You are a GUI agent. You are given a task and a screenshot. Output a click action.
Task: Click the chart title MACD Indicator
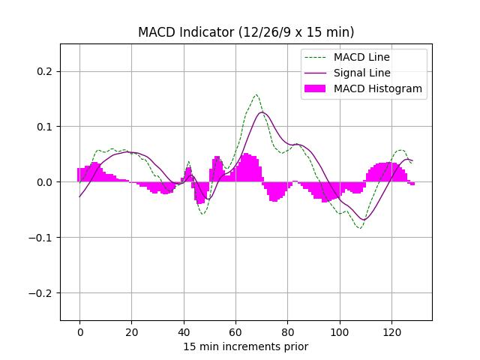(x=246, y=32)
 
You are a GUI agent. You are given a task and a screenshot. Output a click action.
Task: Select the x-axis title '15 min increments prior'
(x=246, y=346)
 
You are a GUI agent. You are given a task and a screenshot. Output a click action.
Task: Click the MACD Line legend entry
(x=361, y=57)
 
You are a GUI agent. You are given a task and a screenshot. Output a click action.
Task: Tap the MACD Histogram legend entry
(x=378, y=88)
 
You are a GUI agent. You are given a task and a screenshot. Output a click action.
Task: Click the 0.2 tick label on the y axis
(x=46, y=71)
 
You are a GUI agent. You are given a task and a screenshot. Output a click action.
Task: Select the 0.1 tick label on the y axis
(x=46, y=127)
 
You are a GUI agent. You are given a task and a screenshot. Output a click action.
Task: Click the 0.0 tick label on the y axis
(x=46, y=182)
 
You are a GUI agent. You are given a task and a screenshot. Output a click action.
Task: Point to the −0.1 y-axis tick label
(x=43, y=238)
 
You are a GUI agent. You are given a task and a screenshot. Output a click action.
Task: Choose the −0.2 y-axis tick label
(x=43, y=293)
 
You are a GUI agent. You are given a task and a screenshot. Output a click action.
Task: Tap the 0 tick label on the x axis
(x=79, y=331)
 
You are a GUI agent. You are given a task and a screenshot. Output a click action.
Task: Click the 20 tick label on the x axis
(x=131, y=331)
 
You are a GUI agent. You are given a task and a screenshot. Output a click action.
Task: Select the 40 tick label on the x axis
(x=184, y=331)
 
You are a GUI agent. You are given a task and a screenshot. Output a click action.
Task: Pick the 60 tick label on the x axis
(x=235, y=331)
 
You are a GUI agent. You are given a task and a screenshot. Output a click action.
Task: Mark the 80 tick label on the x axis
(x=287, y=331)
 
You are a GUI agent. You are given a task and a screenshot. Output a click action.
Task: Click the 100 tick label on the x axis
(x=340, y=331)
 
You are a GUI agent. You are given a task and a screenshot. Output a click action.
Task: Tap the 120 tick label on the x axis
(x=391, y=331)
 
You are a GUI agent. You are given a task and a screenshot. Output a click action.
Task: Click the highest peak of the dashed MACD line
(x=256, y=94)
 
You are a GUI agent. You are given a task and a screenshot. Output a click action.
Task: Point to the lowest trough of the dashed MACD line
(x=360, y=228)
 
